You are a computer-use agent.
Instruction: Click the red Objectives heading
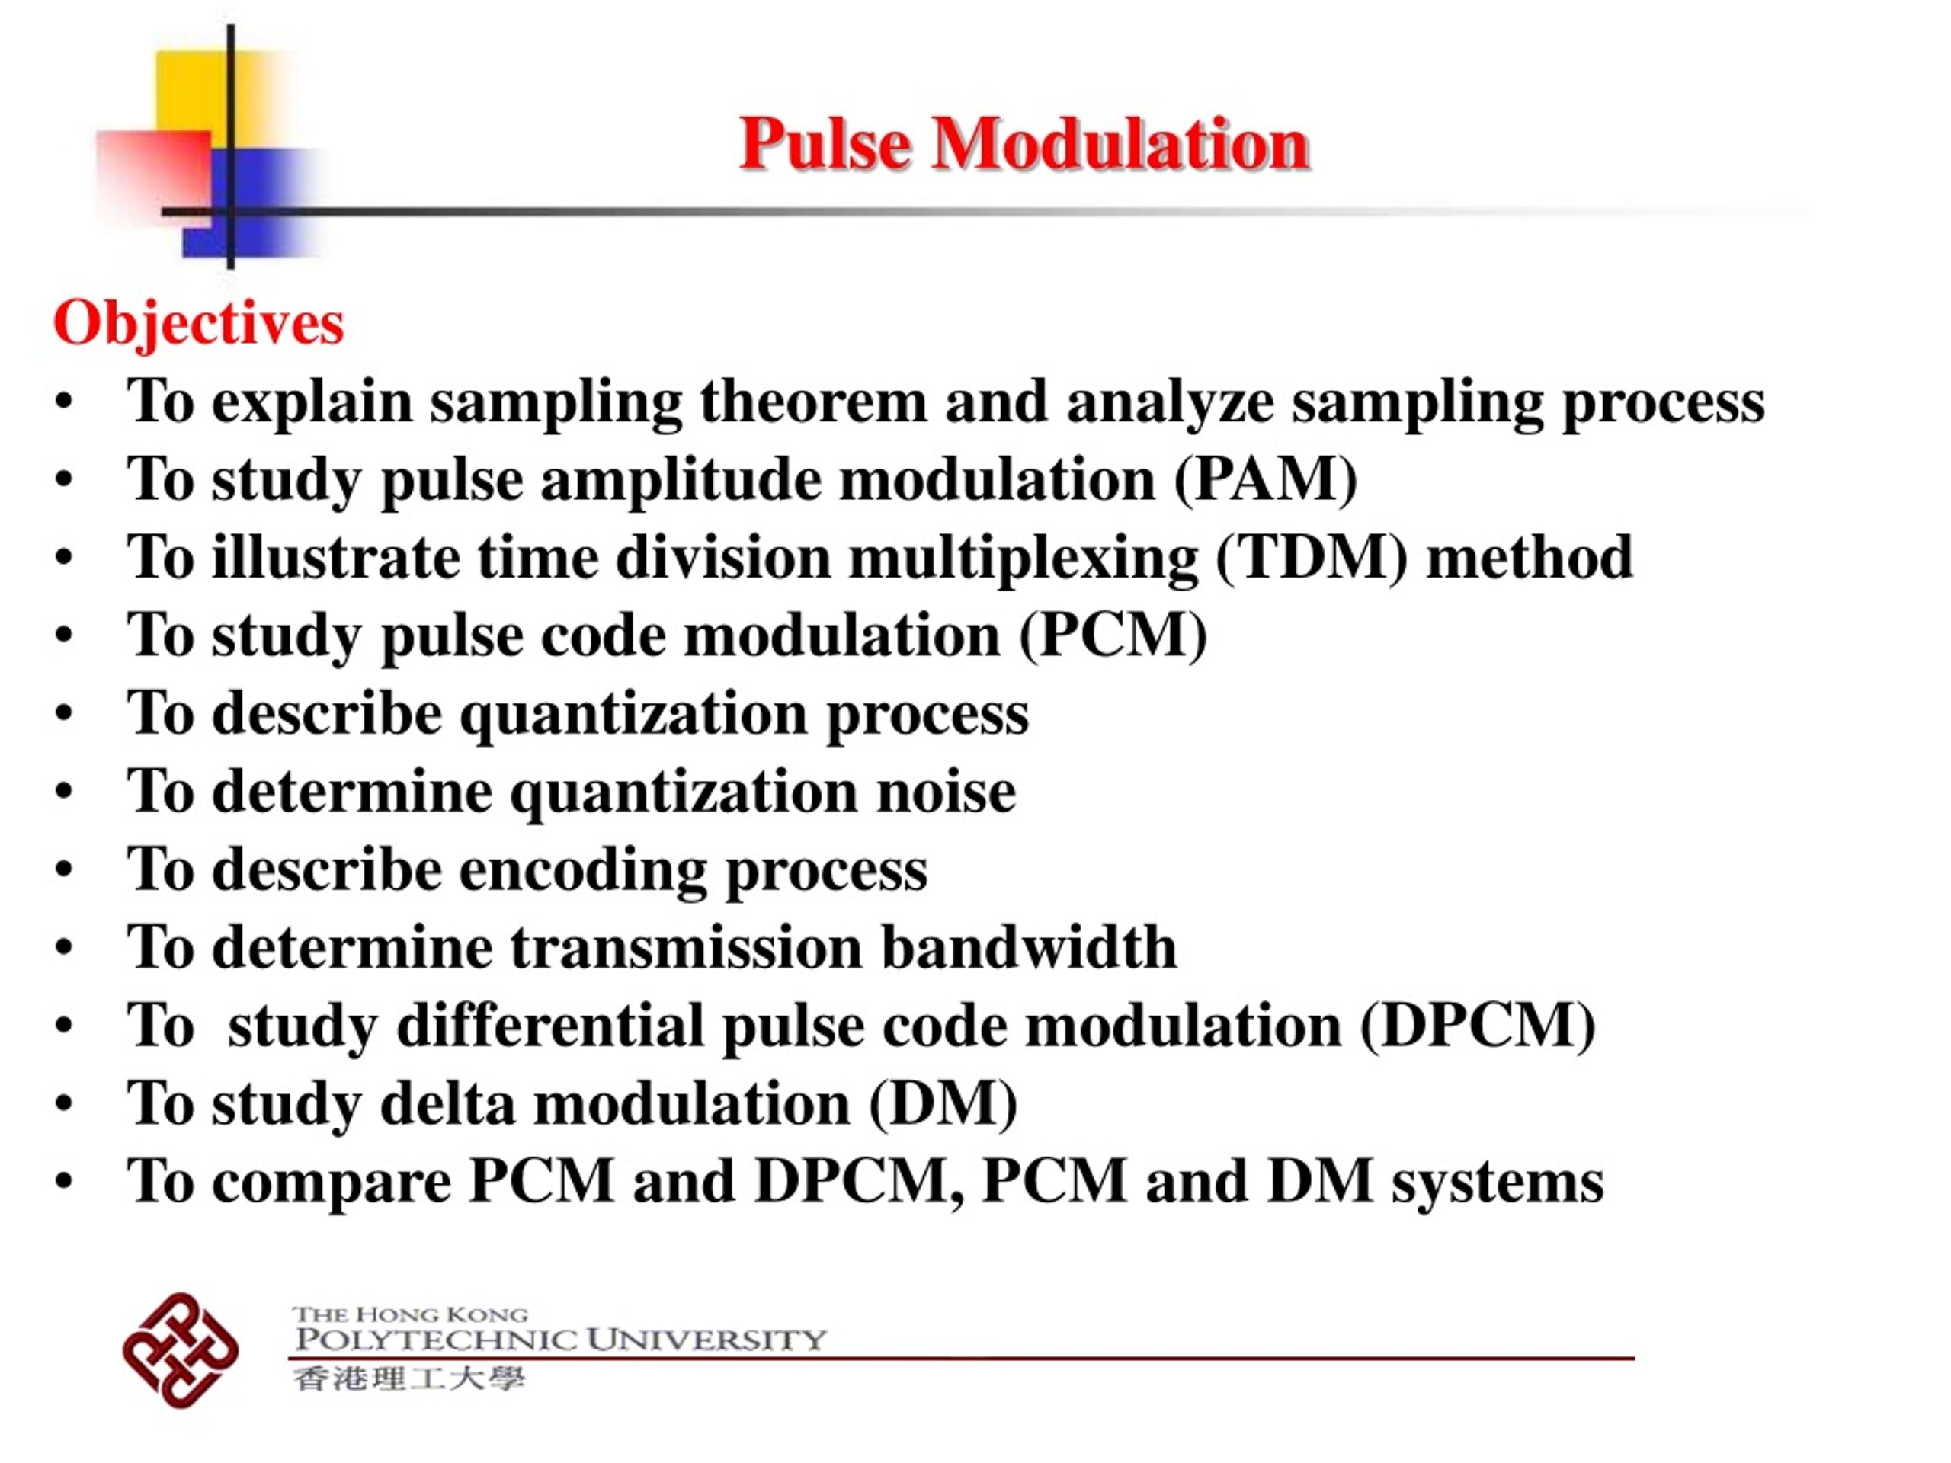click(x=198, y=324)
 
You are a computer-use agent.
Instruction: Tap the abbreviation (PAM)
click(x=1266, y=480)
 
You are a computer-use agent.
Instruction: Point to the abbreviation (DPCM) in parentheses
click(x=1478, y=1026)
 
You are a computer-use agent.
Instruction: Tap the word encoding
click(x=583, y=869)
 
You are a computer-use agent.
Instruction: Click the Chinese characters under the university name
click(x=409, y=1378)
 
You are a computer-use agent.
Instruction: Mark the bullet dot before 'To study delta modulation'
click(x=63, y=1105)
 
